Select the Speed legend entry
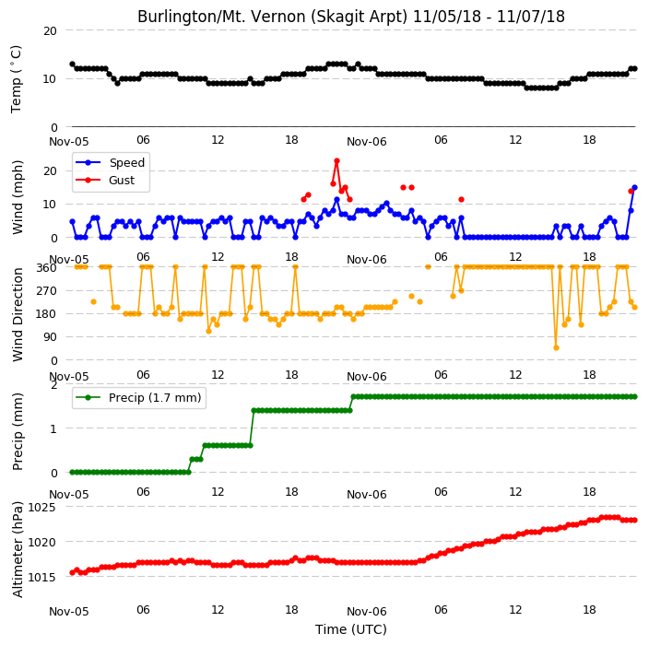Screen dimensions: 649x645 pos(110,162)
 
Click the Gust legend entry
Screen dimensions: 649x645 pos(105,181)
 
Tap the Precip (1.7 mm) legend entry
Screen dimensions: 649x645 pos(138,397)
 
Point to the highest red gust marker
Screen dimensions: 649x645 pos(336,161)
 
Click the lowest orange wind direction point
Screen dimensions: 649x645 pos(556,348)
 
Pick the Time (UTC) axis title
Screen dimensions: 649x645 pos(351,629)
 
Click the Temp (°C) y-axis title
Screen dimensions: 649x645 pos(16,79)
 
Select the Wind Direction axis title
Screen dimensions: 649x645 pos(17,314)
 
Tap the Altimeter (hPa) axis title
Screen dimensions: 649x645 pos(17,549)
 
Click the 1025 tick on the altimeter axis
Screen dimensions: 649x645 pos(41,507)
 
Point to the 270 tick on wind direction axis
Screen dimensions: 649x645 pos(47,291)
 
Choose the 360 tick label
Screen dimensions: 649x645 pos(47,268)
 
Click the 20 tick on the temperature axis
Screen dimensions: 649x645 pos(50,31)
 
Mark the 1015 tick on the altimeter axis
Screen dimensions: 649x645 pos(41,577)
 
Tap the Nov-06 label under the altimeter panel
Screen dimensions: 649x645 pos(367,612)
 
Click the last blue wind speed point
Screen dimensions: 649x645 pos(634,188)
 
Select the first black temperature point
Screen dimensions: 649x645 pos(73,64)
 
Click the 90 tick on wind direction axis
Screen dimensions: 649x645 pos(50,337)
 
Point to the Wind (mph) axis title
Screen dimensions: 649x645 pos(17,197)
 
